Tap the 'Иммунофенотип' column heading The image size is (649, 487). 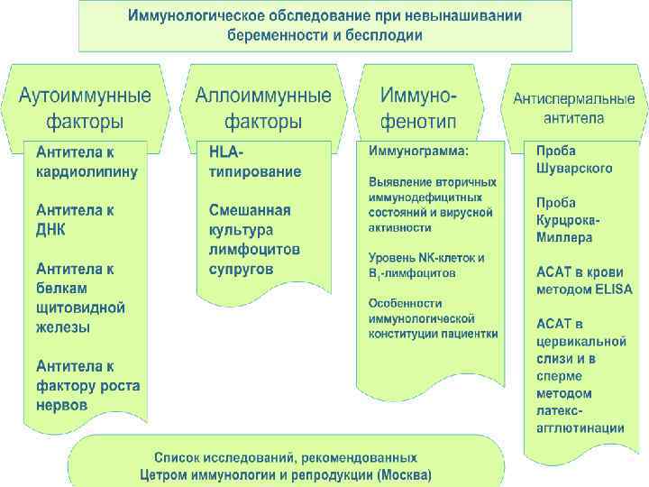point(418,107)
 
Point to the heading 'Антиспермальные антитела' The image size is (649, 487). point(574,108)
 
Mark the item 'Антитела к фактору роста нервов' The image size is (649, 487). point(87,385)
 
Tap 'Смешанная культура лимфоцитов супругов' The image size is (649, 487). point(254,239)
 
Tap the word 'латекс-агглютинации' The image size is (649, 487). point(580,419)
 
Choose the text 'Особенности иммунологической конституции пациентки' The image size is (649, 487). point(433,318)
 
